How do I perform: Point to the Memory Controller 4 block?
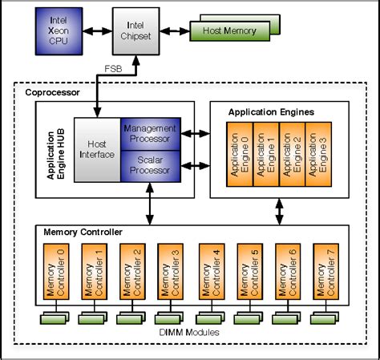[x=211, y=272]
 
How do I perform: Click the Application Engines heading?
[x=270, y=111]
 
